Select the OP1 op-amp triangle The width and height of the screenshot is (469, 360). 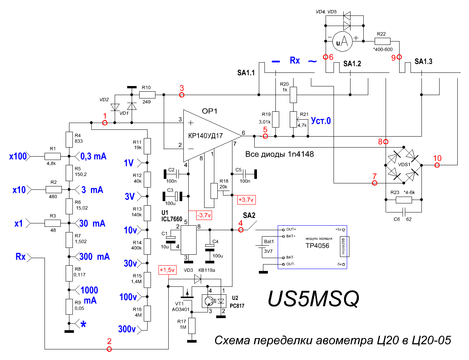pyautogui.click(x=208, y=135)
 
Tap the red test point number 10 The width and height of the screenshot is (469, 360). pyautogui.click(x=437, y=158)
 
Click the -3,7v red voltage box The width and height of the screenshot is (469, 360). pyautogui.click(x=204, y=215)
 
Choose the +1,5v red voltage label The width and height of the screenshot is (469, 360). pyautogui.click(x=167, y=270)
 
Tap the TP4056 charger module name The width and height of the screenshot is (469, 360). pyautogui.click(x=317, y=246)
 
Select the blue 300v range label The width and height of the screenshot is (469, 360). pyautogui.click(x=127, y=329)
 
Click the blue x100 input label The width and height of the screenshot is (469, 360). pyautogui.click(x=18, y=156)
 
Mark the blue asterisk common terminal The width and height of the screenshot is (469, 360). pyautogui.click(x=83, y=324)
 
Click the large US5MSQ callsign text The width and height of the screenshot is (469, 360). pyautogui.click(x=313, y=299)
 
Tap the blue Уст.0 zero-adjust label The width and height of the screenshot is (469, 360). pyautogui.click(x=321, y=121)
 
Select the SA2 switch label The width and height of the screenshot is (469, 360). pyautogui.click(x=249, y=215)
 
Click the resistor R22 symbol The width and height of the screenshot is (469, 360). pyautogui.click(x=382, y=41)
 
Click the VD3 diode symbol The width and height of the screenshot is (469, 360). pyautogui.click(x=198, y=279)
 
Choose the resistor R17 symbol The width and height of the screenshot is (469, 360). pyautogui.click(x=192, y=326)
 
